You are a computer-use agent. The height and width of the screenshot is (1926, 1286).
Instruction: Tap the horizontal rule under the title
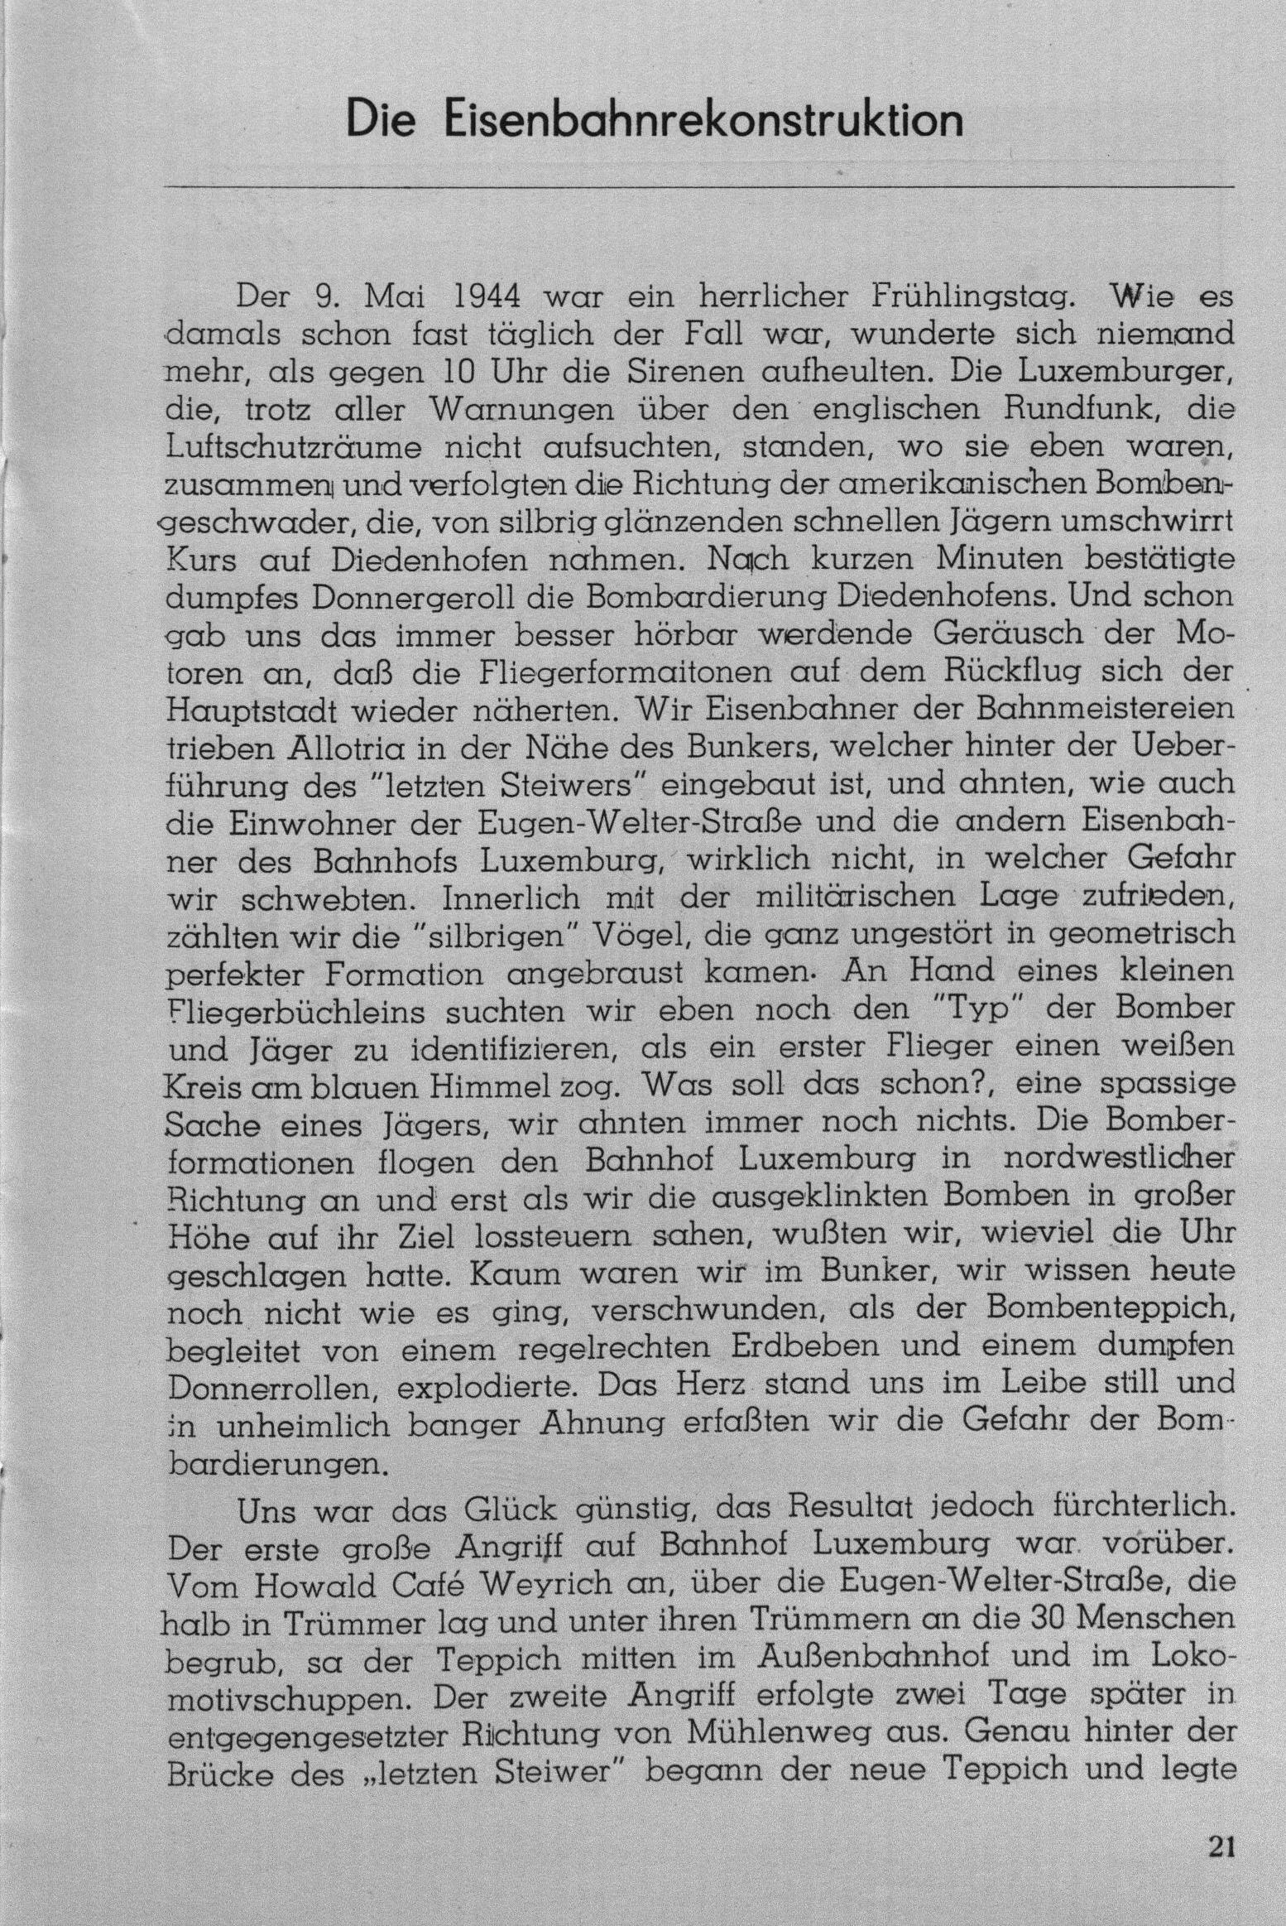coord(699,187)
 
